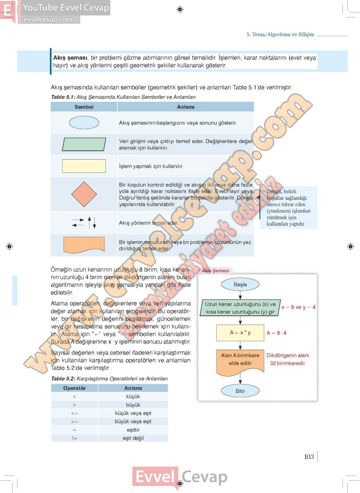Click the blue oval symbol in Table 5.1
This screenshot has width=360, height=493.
coord(84,122)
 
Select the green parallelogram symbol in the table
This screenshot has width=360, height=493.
coord(84,144)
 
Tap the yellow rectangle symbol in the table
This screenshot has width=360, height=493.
coord(84,166)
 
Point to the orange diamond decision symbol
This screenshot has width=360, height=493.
coord(84,194)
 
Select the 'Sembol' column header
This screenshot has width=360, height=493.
coord(84,107)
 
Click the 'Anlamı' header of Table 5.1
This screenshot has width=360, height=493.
coord(185,107)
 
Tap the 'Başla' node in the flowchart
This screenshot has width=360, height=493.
coord(240,284)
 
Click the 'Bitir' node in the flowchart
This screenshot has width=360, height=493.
coord(240,391)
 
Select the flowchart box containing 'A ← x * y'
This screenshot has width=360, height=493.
coord(240,333)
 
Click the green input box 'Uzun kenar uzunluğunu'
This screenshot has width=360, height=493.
coord(240,308)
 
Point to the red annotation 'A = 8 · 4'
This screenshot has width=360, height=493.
coord(277,333)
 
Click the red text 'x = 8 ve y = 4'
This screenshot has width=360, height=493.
coord(298,307)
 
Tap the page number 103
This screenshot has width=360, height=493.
coord(309,456)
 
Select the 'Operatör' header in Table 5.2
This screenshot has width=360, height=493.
coord(74,388)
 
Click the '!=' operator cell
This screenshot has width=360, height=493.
coord(74,438)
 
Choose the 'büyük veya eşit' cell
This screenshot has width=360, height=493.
coord(133,421)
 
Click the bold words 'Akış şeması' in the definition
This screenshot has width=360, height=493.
coord(70,58)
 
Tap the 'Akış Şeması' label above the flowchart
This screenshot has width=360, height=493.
coord(215,271)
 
